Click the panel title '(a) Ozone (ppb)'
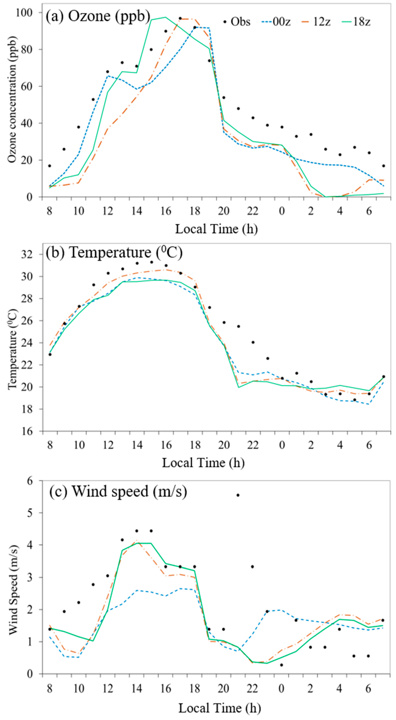click(98, 16)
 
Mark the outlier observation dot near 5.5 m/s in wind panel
click(238, 495)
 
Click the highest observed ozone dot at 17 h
click(180, 18)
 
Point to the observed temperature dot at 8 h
click(50, 354)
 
